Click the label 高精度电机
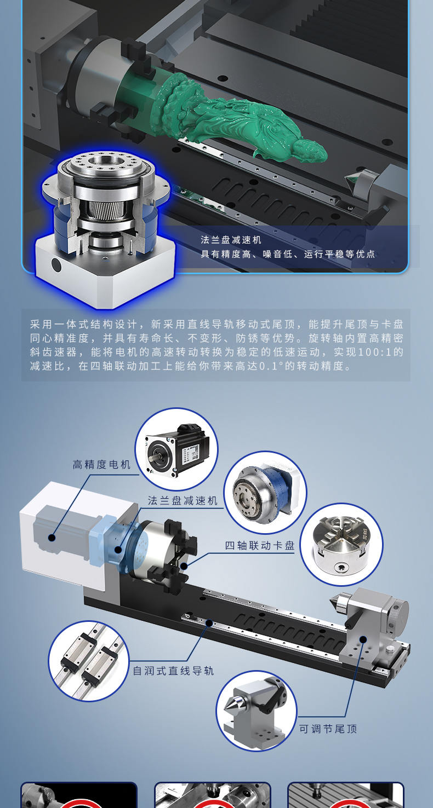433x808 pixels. [102, 465]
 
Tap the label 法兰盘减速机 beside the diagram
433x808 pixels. [183, 501]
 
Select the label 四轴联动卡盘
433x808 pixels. [260, 546]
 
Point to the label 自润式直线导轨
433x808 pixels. [173, 671]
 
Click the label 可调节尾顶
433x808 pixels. [328, 729]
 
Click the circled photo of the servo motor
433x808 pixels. [176, 449]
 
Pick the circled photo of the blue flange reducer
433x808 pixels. [265, 492]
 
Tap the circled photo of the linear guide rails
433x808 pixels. [88, 660]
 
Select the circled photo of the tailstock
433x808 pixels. [256, 711]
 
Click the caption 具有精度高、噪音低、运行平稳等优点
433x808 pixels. [288, 255]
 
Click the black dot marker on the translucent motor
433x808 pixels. [52, 538]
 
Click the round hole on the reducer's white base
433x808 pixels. [56, 266]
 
